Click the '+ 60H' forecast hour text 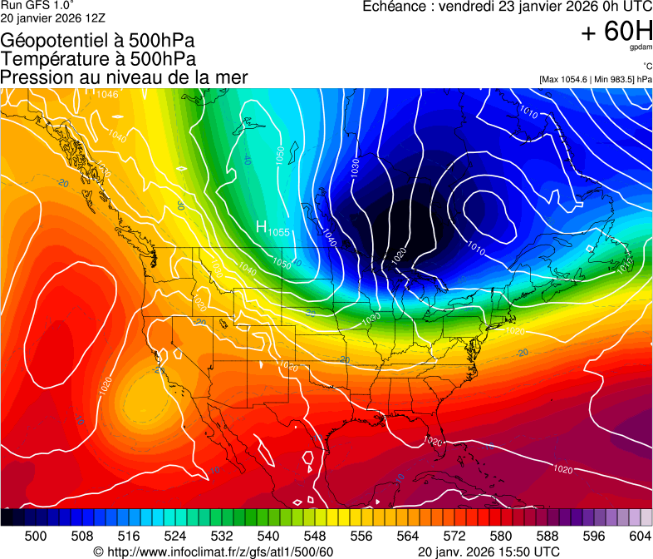coord(616,32)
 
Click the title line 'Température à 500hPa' coord(98,59)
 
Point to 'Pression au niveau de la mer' coord(124,77)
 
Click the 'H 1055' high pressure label coord(272,228)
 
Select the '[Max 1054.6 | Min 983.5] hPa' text coord(596,79)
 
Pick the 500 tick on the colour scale coord(36,535)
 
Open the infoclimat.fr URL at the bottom coord(214,552)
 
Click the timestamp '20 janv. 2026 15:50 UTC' coord(488,552)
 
